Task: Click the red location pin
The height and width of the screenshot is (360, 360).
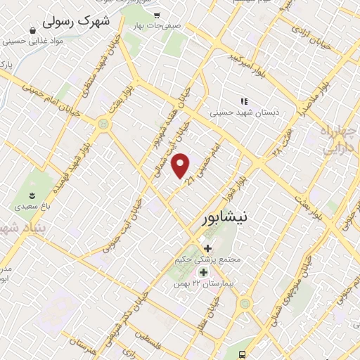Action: point(181,165)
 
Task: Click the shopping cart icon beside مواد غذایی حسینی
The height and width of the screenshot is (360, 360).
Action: point(33,30)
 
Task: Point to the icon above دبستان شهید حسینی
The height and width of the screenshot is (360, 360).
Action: point(245,101)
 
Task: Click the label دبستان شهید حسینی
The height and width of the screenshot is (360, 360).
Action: point(245,112)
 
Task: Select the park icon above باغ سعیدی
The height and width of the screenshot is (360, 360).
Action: point(31,195)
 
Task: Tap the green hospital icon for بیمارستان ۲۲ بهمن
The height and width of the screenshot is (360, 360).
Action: point(203,272)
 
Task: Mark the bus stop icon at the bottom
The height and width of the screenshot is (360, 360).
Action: point(242,354)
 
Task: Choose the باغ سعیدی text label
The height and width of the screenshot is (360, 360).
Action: point(32,208)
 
